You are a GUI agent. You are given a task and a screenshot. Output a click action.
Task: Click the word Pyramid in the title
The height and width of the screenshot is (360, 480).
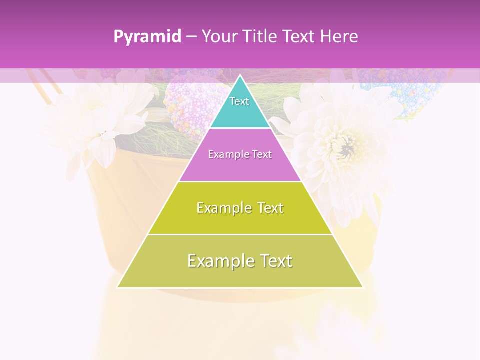point(147,37)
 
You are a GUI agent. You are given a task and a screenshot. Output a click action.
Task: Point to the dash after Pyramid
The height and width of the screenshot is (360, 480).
point(191,37)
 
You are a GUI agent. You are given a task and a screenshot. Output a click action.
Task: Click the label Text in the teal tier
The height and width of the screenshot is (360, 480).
point(239,101)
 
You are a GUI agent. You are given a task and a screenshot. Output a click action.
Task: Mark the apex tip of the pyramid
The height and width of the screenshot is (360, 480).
point(240,76)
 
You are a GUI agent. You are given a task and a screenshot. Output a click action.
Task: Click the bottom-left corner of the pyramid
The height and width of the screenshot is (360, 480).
point(118,287)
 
